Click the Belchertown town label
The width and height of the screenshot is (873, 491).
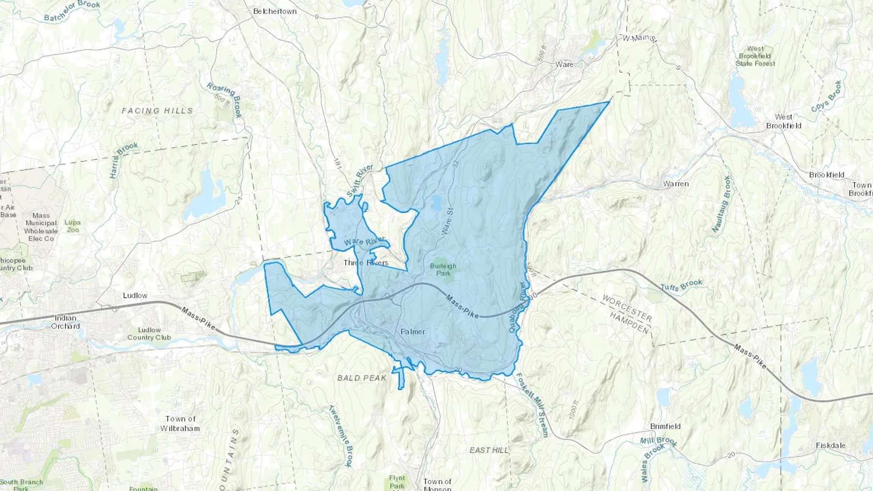(x=275, y=11)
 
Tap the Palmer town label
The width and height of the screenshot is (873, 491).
(x=413, y=332)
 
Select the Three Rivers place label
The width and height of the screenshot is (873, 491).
(x=366, y=263)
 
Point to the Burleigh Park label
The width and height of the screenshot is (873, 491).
(x=443, y=269)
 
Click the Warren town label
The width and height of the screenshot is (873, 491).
(x=676, y=184)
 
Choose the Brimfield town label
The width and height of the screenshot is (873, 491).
(x=665, y=426)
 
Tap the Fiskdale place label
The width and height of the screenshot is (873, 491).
(x=830, y=445)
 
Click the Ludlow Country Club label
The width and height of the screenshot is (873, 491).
(x=149, y=333)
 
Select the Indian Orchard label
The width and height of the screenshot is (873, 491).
(x=65, y=322)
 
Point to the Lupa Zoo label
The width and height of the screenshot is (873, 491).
(x=72, y=226)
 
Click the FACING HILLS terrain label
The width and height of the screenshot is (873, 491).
(x=157, y=111)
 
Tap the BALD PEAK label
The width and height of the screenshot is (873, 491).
(x=362, y=378)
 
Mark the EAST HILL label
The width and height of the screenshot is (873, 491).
(x=489, y=450)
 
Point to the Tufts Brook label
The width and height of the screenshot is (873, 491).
(x=681, y=285)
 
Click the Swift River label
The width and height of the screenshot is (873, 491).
(x=360, y=181)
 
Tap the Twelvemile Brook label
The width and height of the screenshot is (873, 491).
(x=339, y=436)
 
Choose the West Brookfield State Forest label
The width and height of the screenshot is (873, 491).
(x=755, y=56)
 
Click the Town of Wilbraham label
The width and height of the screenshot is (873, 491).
(x=180, y=423)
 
